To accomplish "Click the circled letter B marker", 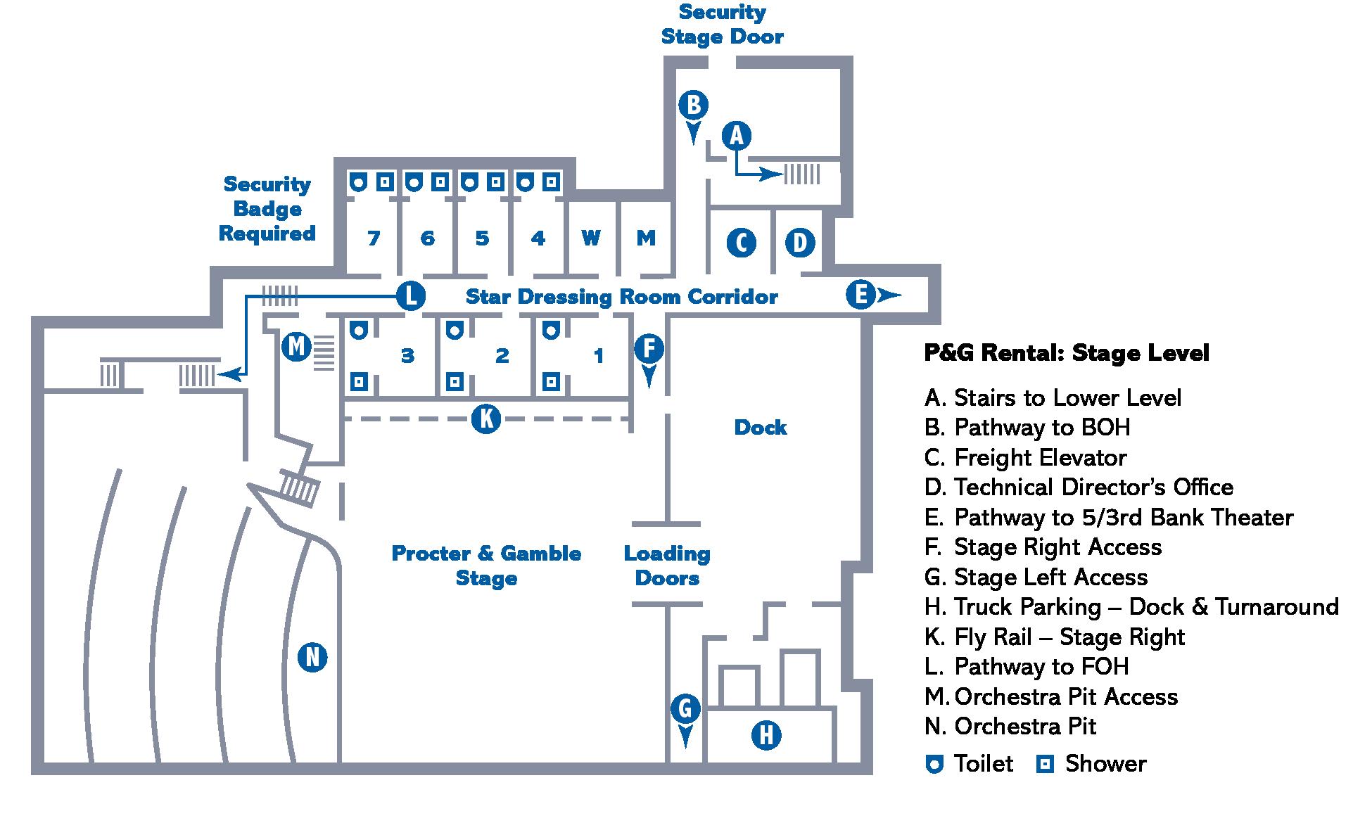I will tap(693, 105).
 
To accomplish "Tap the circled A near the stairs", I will tap(737, 134).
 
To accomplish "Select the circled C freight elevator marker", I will tap(741, 243).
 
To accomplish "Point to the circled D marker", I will tap(799, 243).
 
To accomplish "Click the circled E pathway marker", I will tap(860, 295).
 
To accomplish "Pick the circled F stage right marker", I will tap(649, 348).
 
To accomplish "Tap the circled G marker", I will tap(685, 708).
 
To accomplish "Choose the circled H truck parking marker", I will tap(766, 736).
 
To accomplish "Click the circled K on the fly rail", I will tap(485, 419).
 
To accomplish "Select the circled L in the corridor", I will tap(410, 295).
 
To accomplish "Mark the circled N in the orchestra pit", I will tap(312, 658).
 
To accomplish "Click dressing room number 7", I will tap(374, 238).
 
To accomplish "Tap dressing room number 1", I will tap(598, 356).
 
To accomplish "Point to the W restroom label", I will tap(591, 238).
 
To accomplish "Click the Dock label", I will tap(760, 428).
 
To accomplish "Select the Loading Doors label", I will tap(667, 566).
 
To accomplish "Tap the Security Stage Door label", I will tap(722, 25).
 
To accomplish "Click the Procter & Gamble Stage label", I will tap(486, 566).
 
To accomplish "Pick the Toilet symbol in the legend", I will tap(934, 765).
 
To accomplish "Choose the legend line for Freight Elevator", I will tap(1025, 458).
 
